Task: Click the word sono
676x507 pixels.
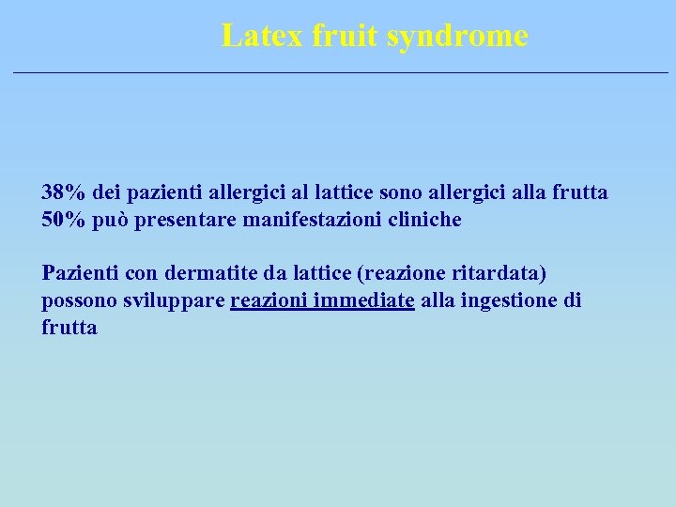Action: click(401, 192)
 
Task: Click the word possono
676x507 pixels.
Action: click(78, 301)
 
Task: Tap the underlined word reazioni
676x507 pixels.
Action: click(269, 300)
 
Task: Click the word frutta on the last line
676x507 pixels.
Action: click(69, 328)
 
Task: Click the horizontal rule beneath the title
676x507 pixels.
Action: click(338, 72)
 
